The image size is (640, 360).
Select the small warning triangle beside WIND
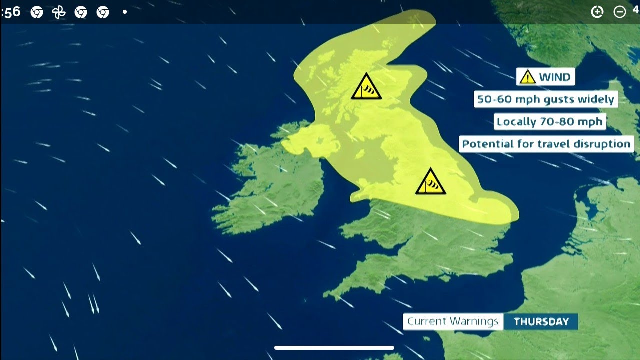pyautogui.click(x=527, y=77)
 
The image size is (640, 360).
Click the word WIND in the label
pyautogui.click(x=554, y=77)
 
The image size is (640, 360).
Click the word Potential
pyautogui.click(x=486, y=144)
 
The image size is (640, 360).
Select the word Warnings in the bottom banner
pyautogui.click(x=475, y=321)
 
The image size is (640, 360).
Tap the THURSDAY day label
pyautogui.click(x=541, y=322)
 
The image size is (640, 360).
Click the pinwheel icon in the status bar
pyautogui.click(x=59, y=12)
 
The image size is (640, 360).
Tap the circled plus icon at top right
pyautogui.click(x=597, y=12)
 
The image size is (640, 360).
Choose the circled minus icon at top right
pyautogui.click(x=619, y=12)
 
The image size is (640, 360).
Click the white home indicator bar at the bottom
pyautogui.click(x=334, y=348)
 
